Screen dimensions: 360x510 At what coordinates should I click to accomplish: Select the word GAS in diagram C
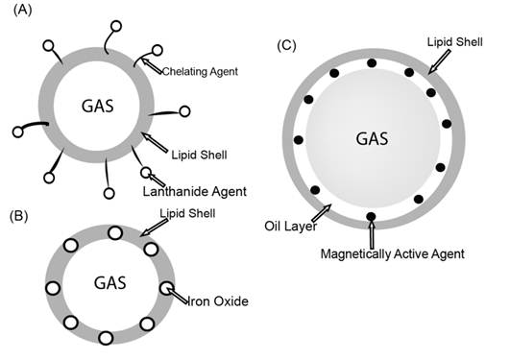click(371, 137)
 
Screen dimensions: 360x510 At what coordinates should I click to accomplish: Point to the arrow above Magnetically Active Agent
click(372, 230)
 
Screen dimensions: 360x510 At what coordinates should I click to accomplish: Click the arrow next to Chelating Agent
click(151, 63)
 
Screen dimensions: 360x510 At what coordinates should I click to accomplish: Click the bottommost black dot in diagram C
click(372, 216)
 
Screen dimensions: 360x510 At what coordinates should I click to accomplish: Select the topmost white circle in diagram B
click(114, 232)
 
